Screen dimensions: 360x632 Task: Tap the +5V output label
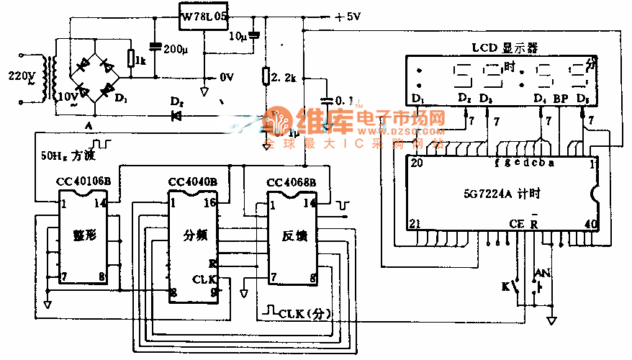point(347,17)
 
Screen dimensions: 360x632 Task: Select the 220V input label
point(20,75)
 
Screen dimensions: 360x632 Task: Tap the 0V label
point(226,76)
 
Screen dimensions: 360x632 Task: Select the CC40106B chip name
point(83,181)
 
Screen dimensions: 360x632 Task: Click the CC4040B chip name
point(192,181)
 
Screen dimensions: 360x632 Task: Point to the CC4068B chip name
point(291,181)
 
